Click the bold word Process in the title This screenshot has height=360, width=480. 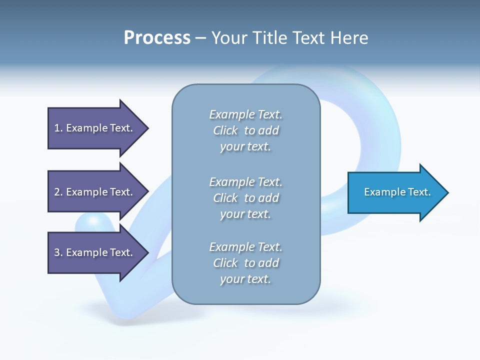pyautogui.click(x=157, y=37)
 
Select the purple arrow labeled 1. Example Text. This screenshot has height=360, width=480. pyautogui.click(x=95, y=128)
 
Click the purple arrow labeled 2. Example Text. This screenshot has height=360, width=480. pyautogui.click(x=95, y=192)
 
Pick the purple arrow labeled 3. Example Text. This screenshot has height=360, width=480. pyautogui.click(x=95, y=252)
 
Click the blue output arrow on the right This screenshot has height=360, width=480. pyautogui.click(x=395, y=192)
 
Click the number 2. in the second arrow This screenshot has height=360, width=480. pyautogui.click(x=58, y=192)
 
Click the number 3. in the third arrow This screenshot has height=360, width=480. pyautogui.click(x=58, y=252)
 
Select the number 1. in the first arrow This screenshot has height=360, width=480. pyautogui.click(x=58, y=128)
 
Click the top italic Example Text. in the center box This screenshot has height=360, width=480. pyautogui.click(x=246, y=114)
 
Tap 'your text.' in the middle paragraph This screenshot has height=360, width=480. pyautogui.click(x=245, y=214)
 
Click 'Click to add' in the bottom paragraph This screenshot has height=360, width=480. pyautogui.click(x=246, y=263)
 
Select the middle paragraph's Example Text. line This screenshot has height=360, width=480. pyautogui.click(x=246, y=182)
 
